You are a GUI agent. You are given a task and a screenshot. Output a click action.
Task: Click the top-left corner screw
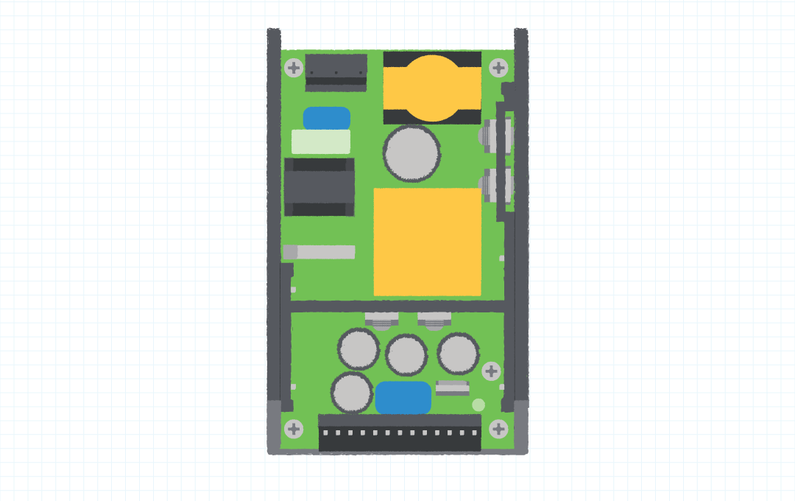(294, 69)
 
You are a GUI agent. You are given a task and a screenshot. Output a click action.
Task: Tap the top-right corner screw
(498, 69)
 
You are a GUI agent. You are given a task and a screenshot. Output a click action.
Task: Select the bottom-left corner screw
(294, 429)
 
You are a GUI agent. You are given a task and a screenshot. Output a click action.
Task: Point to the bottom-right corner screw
(498, 429)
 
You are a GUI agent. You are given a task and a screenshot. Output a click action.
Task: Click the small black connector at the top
(336, 71)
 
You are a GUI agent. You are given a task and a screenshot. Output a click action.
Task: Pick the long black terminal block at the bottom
(400, 433)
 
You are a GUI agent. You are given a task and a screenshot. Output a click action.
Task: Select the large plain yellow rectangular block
(428, 242)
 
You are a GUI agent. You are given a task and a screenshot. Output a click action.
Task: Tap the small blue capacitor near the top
(327, 118)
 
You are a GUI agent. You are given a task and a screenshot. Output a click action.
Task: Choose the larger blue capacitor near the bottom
(403, 398)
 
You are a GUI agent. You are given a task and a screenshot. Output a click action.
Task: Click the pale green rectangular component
(321, 141)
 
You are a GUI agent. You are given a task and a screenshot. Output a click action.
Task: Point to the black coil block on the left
(319, 187)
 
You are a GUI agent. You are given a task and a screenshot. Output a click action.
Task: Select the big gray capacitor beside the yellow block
(411, 153)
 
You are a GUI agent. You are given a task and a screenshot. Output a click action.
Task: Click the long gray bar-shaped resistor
(319, 252)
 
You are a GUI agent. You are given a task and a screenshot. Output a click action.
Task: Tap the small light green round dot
(478, 404)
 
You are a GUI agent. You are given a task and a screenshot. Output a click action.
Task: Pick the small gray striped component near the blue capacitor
(452, 388)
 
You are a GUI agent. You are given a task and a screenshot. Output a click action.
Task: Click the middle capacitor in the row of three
(406, 355)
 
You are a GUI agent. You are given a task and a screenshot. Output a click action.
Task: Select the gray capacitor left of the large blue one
(352, 393)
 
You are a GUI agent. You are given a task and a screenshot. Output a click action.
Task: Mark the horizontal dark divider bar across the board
(397, 306)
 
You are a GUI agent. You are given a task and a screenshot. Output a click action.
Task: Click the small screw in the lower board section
(491, 371)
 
